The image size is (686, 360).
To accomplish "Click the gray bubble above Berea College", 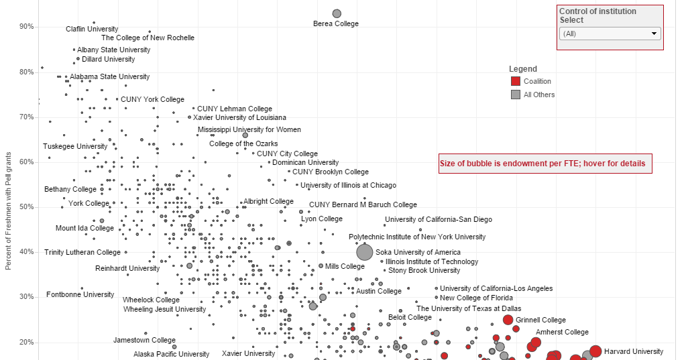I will click(337, 13).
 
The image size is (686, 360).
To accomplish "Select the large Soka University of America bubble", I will click(364, 252).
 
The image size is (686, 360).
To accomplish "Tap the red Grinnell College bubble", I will click(508, 320).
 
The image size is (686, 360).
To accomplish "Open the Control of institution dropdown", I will click(610, 34).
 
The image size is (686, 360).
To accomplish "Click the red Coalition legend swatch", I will click(515, 81).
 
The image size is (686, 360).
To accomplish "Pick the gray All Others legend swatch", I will click(515, 95).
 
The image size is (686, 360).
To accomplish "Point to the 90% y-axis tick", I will click(27, 27).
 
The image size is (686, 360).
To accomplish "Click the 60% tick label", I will click(27, 162).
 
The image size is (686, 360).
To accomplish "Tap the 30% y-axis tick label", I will click(27, 297).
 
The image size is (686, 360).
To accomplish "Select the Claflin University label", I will click(92, 29).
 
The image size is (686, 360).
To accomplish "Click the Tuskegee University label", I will click(75, 146).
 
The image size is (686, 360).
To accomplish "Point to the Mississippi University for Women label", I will click(249, 129).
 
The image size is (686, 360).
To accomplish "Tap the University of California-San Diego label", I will click(438, 219).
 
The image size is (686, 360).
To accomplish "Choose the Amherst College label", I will click(563, 332).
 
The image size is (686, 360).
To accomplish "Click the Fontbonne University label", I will click(80, 294).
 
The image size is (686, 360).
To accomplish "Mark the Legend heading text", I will click(522, 69).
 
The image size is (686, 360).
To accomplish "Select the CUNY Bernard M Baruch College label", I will click(363, 204).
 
